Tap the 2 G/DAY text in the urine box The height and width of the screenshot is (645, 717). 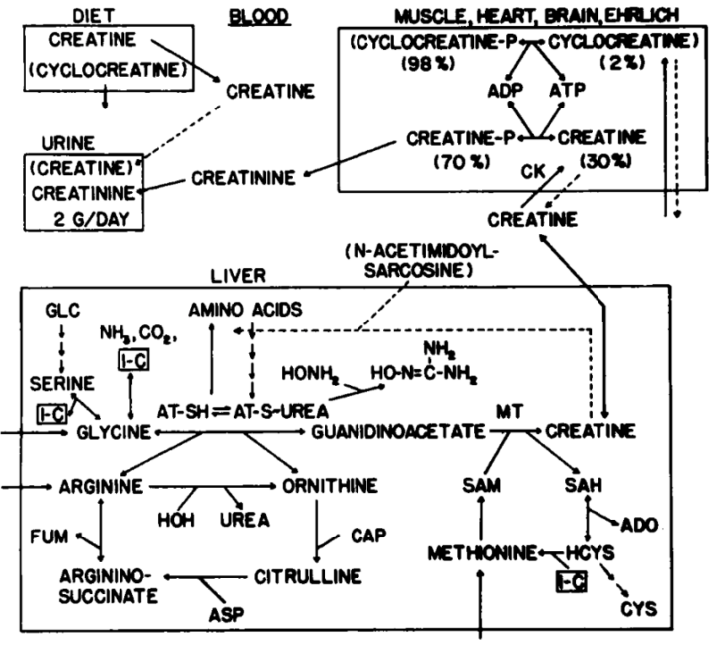(x=94, y=219)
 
